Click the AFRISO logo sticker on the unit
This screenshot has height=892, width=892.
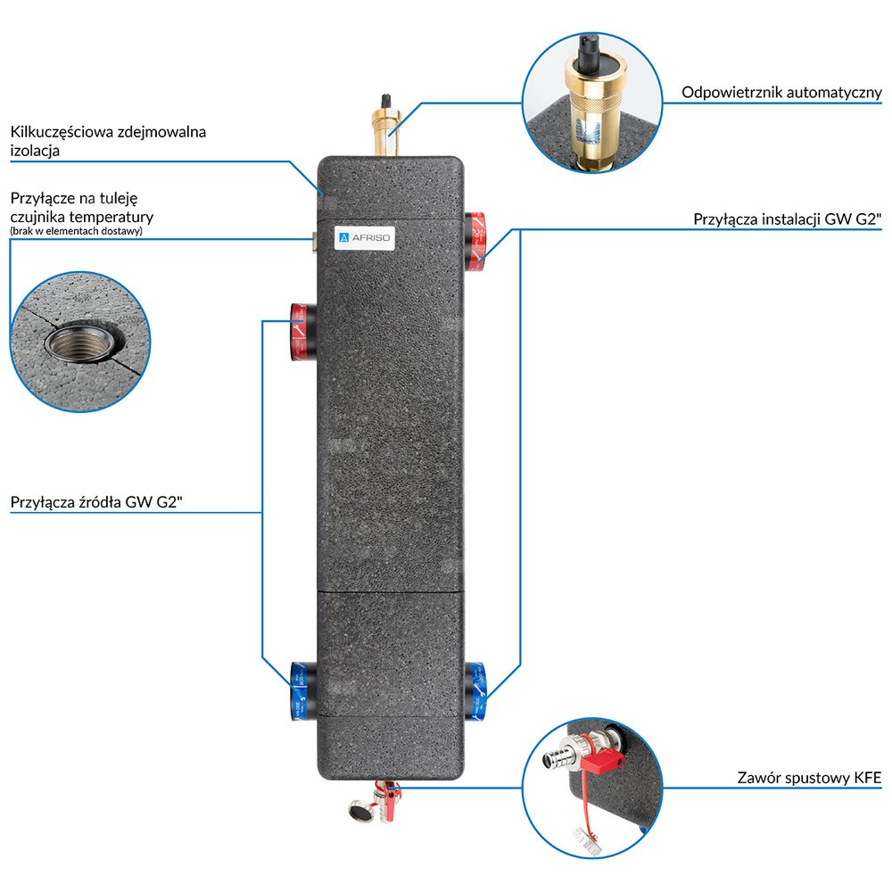366,238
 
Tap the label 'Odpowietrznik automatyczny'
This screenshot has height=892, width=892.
781,93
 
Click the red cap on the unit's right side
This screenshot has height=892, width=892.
475,238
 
